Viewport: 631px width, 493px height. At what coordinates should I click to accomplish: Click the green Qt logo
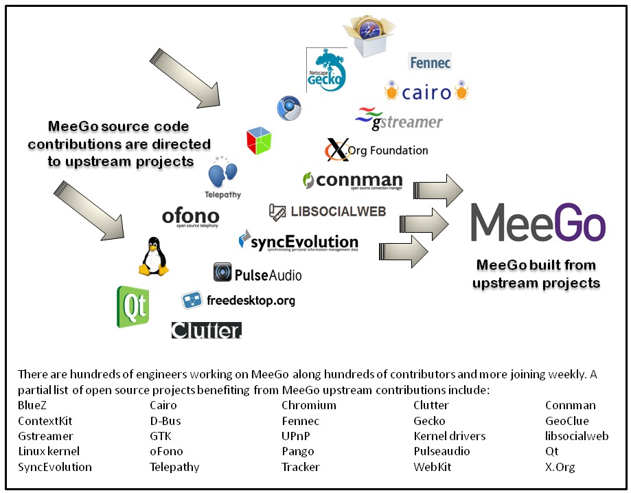pyautogui.click(x=133, y=306)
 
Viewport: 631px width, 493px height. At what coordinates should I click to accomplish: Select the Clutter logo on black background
pyautogui.click(x=206, y=330)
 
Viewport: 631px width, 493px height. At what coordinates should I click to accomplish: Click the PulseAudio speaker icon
pyautogui.click(x=222, y=273)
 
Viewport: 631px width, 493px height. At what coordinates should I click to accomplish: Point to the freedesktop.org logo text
pyautogui.click(x=250, y=300)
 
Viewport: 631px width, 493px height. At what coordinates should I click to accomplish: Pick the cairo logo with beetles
pyautogui.click(x=426, y=92)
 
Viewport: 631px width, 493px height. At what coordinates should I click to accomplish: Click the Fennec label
pyautogui.click(x=430, y=62)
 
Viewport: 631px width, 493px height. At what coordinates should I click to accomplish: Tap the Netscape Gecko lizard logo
pyautogui.click(x=325, y=70)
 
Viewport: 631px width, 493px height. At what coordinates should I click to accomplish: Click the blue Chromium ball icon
pyautogui.click(x=288, y=108)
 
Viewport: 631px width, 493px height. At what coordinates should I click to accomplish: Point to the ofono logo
pyautogui.click(x=190, y=217)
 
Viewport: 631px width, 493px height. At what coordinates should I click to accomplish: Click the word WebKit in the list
pyautogui.click(x=432, y=467)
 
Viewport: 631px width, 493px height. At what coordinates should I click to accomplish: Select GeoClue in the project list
pyautogui.click(x=566, y=421)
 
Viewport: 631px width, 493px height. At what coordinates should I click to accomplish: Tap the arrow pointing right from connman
pyautogui.click(x=439, y=190)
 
